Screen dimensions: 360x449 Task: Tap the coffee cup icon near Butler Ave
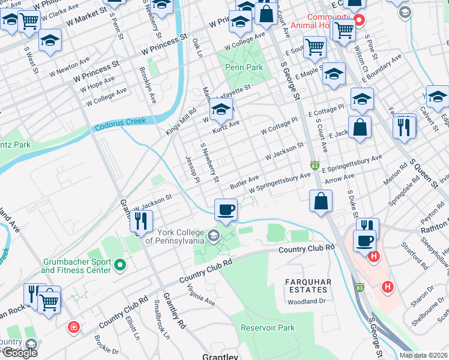click(x=226, y=209)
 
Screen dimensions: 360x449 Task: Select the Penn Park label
click(x=244, y=67)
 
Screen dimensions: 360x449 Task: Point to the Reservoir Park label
click(x=268, y=328)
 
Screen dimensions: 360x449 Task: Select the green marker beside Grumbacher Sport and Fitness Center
click(x=120, y=264)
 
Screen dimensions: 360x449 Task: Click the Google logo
click(x=20, y=353)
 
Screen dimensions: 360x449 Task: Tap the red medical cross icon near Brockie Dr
click(x=73, y=328)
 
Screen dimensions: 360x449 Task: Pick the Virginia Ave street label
click(x=201, y=295)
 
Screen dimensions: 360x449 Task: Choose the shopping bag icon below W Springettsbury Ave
click(x=321, y=200)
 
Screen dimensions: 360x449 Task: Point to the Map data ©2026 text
click(x=424, y=355)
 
